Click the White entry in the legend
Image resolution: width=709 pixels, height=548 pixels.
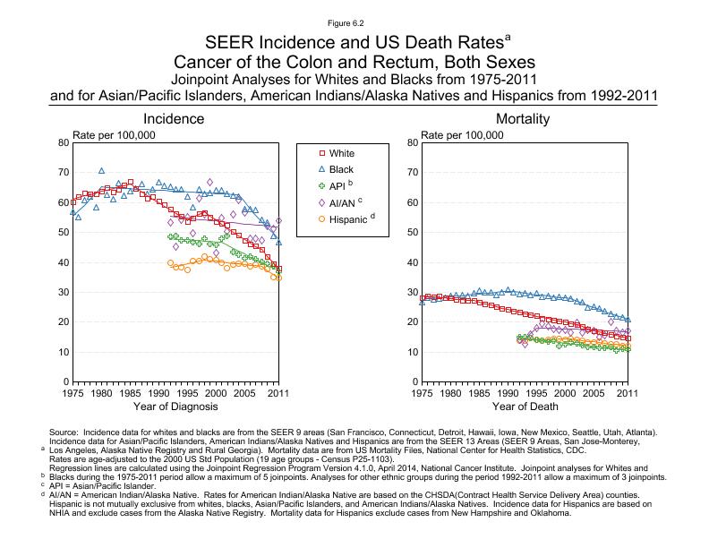tap(341, 153)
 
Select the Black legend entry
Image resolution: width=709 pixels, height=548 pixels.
tap(341, 169)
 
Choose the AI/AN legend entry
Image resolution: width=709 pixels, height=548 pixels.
tap(346, 202)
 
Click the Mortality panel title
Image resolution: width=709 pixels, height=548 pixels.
tap(523, 119)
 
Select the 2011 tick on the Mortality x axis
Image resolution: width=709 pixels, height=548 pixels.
tap(628, 391)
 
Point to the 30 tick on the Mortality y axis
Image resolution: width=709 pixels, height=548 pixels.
tap(412, 292)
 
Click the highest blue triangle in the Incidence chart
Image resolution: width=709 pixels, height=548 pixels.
tap(101, 170)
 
